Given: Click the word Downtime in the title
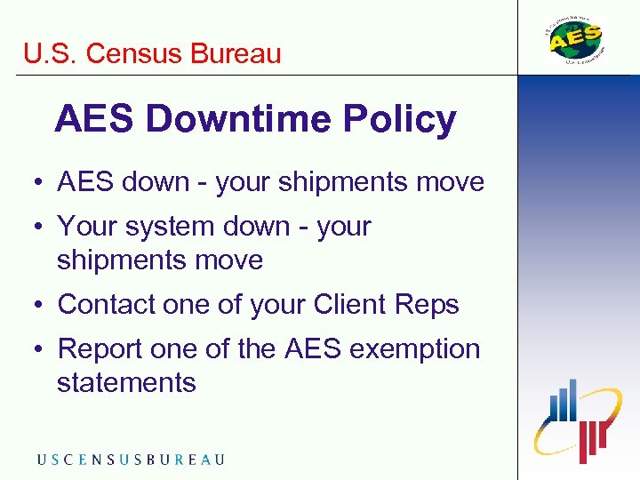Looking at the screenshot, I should (240, 119).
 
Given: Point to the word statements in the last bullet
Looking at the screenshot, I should (126, 383).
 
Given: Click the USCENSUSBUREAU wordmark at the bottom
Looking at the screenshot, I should (130, 460).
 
